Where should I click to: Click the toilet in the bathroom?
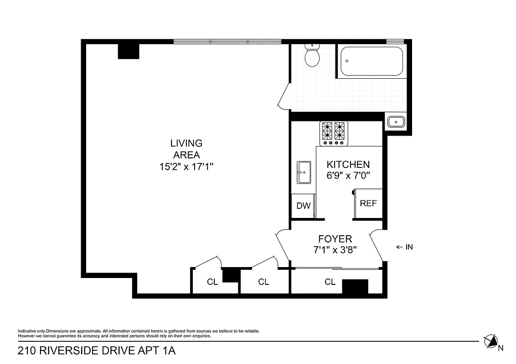[312, 57]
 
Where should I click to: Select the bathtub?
[372, 61]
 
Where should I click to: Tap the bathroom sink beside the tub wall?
[396, 122]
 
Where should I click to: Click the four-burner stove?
[334, 133]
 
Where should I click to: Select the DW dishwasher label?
[303, 206]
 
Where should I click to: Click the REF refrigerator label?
[368, 203]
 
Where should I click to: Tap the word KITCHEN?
[348, 165]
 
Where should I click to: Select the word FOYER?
[335, 239]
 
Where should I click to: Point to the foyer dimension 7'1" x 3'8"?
[335, 249]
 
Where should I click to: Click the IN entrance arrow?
[404, 247]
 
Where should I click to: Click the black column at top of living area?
[129, 51]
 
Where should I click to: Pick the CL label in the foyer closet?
[330, 282]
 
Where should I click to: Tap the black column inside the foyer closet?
[355, 286]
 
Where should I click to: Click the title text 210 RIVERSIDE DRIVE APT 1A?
[96, 351]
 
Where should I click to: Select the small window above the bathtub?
[395, 42]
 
